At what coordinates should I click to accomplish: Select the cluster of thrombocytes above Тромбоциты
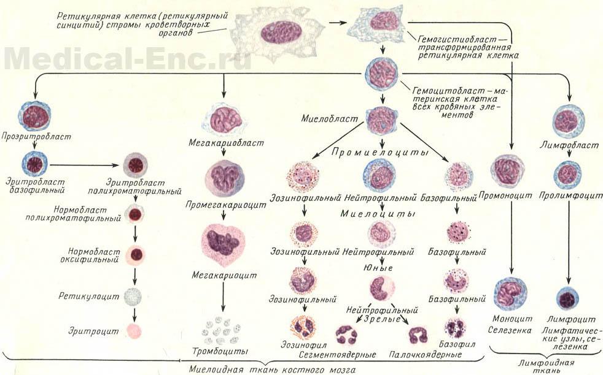coord(224,330)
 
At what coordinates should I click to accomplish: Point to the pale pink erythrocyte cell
coord(133,331)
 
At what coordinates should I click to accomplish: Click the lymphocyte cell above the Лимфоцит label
coord(568,299)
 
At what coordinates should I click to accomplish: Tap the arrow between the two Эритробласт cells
coord(82,164)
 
